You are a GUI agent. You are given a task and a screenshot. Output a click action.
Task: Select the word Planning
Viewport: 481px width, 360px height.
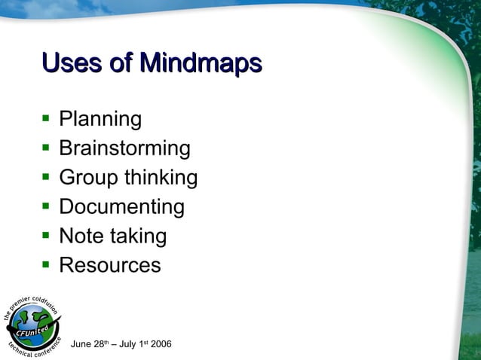(x=100, y=119)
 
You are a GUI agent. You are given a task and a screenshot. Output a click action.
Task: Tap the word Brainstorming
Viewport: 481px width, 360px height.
(x=124, y=148)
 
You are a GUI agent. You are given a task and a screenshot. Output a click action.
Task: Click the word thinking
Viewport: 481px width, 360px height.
(x=161, y=178)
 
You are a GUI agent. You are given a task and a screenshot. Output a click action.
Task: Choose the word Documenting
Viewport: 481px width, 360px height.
(x=121, y=206)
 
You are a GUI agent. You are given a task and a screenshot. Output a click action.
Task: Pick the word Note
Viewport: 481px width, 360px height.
(x=81, y=236)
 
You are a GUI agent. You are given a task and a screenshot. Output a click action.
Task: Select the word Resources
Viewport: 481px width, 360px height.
(x=109, y=265)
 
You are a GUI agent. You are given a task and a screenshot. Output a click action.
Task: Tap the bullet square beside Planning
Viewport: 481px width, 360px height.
(x=46, y=119)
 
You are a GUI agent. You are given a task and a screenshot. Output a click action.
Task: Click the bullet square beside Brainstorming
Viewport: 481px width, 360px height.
(x=46, y=148)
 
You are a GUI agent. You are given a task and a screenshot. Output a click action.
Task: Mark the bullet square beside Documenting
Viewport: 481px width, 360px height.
(x=46, y=206)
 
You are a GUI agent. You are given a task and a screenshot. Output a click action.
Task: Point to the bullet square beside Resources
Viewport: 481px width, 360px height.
(x=46, y=265)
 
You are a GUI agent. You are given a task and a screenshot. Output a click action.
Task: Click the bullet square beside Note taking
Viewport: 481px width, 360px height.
(x=46, y=236)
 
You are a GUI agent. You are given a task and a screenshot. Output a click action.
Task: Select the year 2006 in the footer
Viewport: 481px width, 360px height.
(x=161, y=344)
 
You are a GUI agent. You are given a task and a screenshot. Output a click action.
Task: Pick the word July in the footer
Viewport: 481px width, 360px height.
(x=125, y=344)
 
